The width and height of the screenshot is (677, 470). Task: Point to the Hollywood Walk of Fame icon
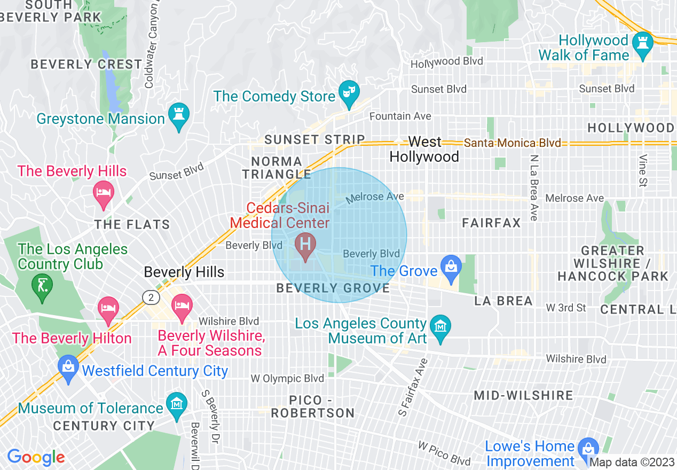coord(641,45)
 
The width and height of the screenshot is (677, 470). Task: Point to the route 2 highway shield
coord(151,296)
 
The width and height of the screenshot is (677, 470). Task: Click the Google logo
coord(36,458)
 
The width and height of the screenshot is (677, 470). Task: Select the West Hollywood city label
coord(424,149)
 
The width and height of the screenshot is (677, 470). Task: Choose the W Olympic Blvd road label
coord(287,379)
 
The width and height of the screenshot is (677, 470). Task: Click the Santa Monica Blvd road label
coord(513,143)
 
